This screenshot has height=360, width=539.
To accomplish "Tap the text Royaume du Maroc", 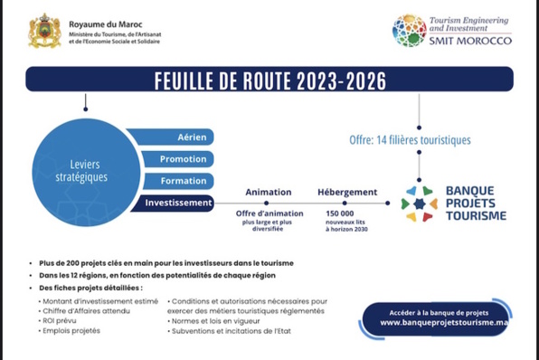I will pos(103,19).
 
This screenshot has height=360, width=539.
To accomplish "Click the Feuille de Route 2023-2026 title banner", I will pos(269,80).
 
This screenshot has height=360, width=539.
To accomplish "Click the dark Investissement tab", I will pos(178,203).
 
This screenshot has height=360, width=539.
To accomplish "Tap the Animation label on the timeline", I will pos(269,192).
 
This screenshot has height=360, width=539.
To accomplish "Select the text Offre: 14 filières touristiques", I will pos(410,140).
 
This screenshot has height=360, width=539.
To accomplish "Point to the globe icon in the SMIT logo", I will pos(410,30).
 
